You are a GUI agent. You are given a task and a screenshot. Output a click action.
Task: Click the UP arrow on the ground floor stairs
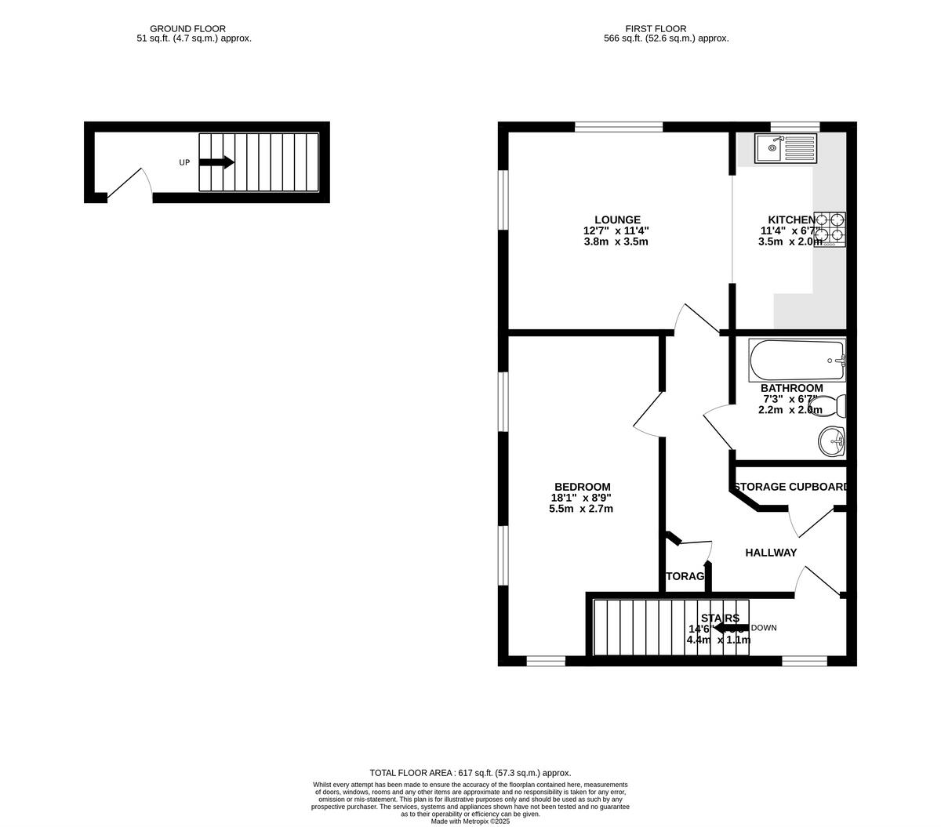click(216, 162)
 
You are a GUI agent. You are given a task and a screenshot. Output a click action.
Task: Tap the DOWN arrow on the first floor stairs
click(730, 628)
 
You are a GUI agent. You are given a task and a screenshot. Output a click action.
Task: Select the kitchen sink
click(786, 148)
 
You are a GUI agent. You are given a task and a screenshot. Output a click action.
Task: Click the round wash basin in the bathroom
click(831, 441)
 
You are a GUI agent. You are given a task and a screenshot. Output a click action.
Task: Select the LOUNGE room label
click(617, 220)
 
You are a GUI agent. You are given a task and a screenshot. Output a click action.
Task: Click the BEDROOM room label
click(581, 487)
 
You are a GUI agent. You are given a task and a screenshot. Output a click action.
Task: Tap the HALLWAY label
click(770, 553)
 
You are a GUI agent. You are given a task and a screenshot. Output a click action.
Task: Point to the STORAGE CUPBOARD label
click(790, 487)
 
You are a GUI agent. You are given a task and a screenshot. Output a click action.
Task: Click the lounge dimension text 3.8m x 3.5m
click(616, 242)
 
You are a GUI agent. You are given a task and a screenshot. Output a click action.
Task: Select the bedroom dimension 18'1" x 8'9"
click(581, 498)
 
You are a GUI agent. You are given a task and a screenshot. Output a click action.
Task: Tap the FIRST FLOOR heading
click(666, 29)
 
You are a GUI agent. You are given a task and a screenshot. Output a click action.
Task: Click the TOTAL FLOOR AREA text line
click(470, 772)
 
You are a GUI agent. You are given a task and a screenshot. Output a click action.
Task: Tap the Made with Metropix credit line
click(470, 821)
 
